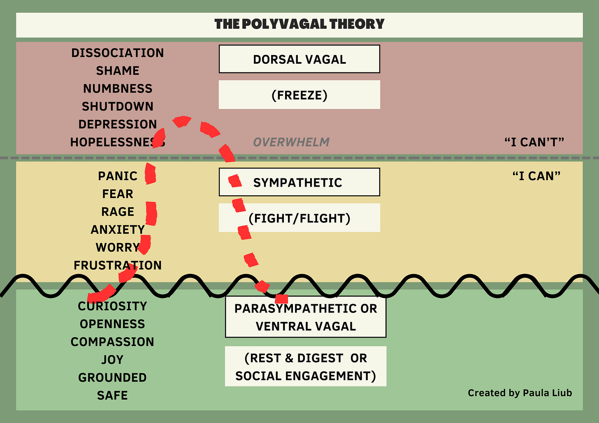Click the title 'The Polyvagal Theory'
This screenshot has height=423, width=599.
[x=299, y=24]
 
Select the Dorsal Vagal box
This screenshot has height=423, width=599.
[x=299, y=59]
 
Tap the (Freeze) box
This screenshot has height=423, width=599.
[x=299, y=95]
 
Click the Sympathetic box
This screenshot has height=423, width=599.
[x=299, y=182]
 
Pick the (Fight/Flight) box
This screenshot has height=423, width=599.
[x=299, y=218]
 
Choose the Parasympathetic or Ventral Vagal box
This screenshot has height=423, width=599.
[x=306, y=317]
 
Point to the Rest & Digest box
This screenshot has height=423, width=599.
[x=306, y=366]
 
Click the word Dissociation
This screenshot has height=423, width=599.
[x=117, y=53]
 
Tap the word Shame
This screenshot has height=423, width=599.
[x=118, y=71]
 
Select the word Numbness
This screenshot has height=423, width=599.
[x=118, y=89]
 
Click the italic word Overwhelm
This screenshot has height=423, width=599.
[x=291, y=142]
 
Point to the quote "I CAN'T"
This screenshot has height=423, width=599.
[x=534, y=142]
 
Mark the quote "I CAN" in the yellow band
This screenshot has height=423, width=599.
[x=536, y=176]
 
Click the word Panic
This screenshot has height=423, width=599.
[x=118, y=176]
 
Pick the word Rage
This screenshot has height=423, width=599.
[x=118, y=212]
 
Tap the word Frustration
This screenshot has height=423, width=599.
[x=118, y=265]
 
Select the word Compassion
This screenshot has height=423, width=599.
[x=112, y=342]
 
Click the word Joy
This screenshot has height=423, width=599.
[x=112, y=360]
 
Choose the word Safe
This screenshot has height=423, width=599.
[x=112, y=395]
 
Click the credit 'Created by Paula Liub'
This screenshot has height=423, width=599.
[x=520, y=393]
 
